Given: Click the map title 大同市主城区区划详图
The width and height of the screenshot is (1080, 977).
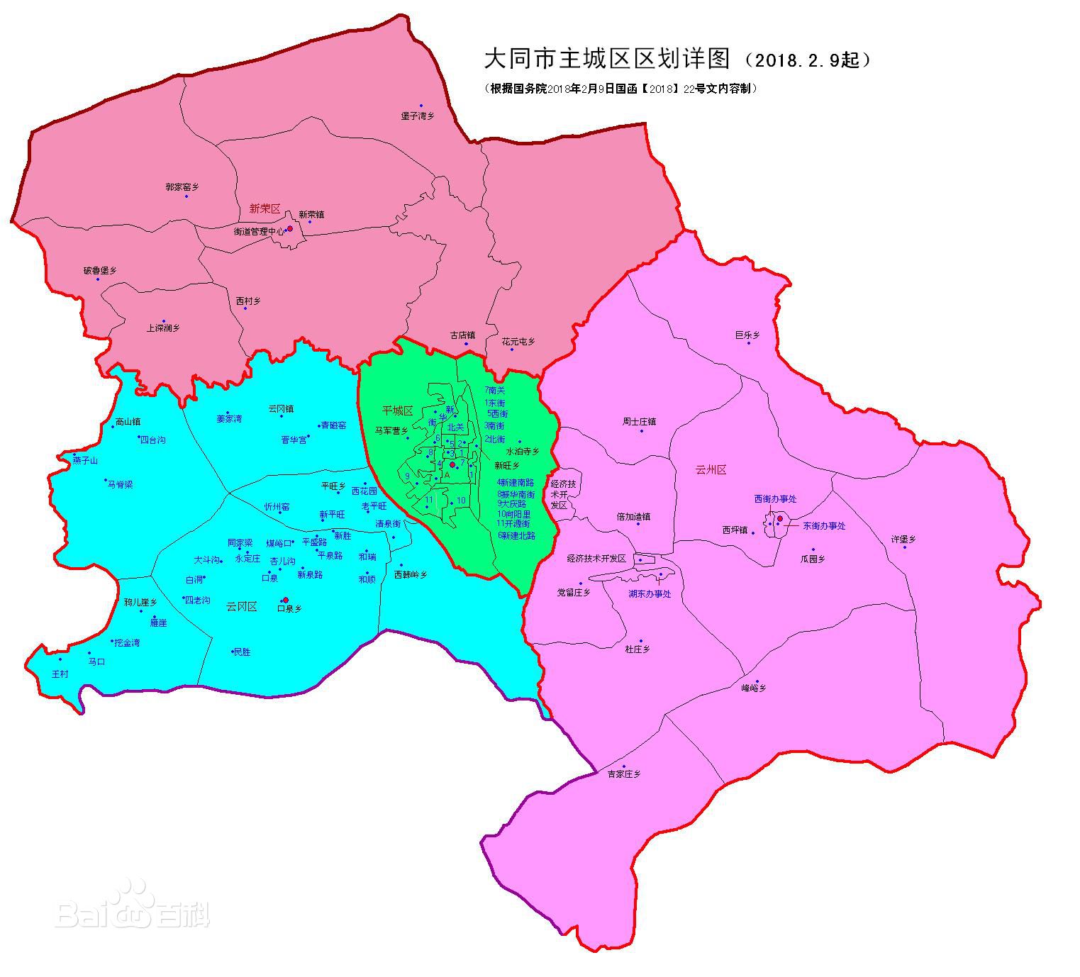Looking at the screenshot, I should tap(606, 59).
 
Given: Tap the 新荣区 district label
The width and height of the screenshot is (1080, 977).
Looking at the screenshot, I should tap(265, 208).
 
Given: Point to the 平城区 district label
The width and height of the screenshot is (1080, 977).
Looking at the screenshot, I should tap(397, 411).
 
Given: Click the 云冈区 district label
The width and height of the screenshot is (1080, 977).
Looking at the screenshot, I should tap(241, 606).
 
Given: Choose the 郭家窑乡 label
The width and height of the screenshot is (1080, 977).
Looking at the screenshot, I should tap(182, 187).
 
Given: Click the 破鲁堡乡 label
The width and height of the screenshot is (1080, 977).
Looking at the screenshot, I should tap(100, 270).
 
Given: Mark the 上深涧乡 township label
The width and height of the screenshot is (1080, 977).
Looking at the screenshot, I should tap(163, 328).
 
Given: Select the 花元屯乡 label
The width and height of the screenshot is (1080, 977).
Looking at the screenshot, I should tap(518, 341).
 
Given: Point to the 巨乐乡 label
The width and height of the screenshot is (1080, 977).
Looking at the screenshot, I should tap(747, 335).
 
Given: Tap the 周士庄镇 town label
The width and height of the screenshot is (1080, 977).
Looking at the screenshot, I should tap(639, 421).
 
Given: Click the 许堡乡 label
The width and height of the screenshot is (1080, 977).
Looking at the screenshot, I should tap(903, 539).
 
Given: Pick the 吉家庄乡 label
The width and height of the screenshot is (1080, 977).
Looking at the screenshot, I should tap(623, 774).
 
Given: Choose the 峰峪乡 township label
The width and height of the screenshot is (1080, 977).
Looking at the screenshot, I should tap(754, 688).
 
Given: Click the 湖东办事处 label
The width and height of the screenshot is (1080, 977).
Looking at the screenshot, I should tap(649, 594).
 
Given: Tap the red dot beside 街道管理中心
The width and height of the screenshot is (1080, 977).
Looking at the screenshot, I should tap(289, 229).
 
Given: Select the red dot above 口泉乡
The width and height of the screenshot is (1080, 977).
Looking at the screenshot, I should tap(286, 600).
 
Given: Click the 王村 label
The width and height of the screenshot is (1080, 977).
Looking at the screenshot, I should tap(60, 674).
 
